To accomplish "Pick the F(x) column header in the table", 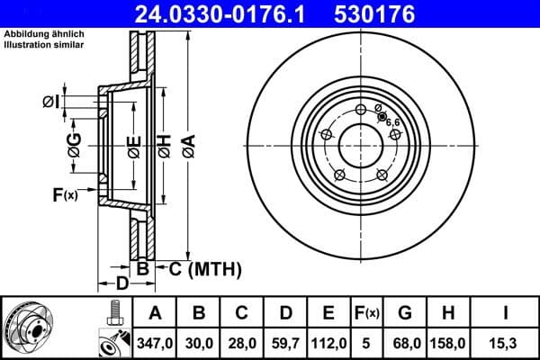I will point(365,313).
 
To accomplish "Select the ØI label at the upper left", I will point(50,103).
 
